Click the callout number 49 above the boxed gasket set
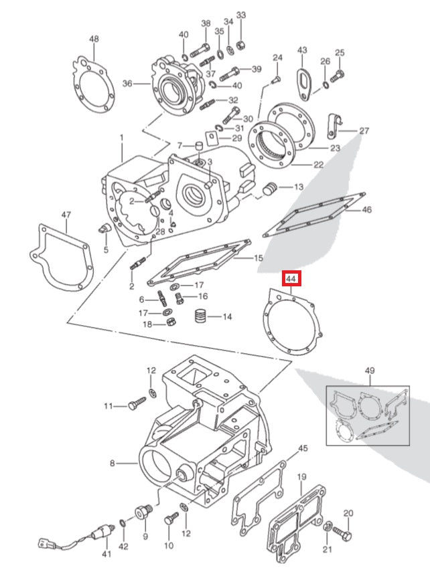[x=370, y=371]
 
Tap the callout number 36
[x=127, y=84]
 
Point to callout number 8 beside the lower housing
[x=113, y=463]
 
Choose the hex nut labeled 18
[x=171, y=324]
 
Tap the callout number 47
[x=66, y=215]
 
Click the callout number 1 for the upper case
[x=121, y=138]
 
